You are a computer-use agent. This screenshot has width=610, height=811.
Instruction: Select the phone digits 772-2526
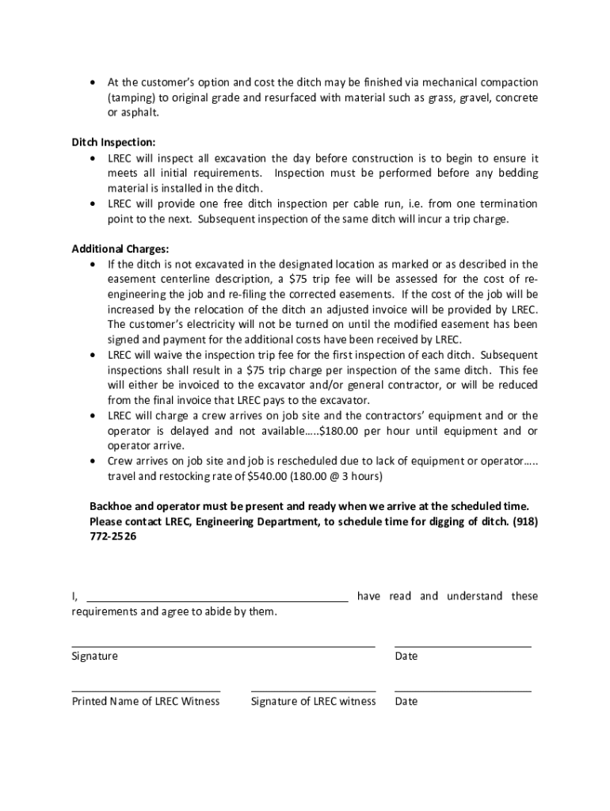click(x=112, y=536)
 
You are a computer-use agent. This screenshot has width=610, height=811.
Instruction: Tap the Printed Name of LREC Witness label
click(x=146, y=701)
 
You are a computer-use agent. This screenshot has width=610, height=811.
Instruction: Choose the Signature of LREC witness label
click(x=313, y=701)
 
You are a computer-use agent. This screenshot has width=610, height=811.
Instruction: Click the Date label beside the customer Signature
click(x=406, y=656)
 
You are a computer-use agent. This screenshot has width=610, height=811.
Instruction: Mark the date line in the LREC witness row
click(x=463, y=691)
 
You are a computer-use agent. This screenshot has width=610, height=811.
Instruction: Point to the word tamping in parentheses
click(x=134, y=97)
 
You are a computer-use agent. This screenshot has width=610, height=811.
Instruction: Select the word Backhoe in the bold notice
click(x=112, y=506)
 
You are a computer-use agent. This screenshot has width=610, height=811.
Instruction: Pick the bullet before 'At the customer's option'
click(x=94, y=83)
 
